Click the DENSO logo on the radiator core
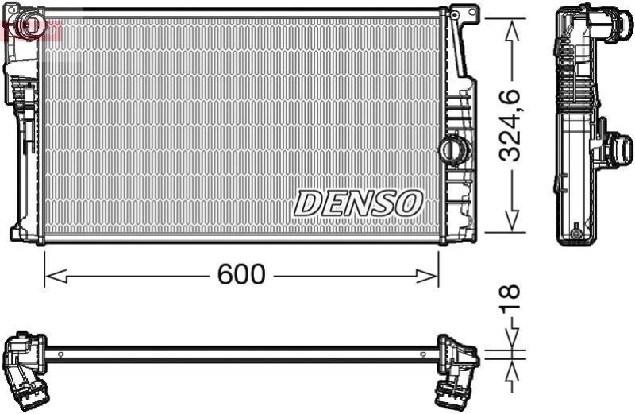coord(357,203)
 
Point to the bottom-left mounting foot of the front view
coord(21,234)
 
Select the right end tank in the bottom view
coord(457,362)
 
